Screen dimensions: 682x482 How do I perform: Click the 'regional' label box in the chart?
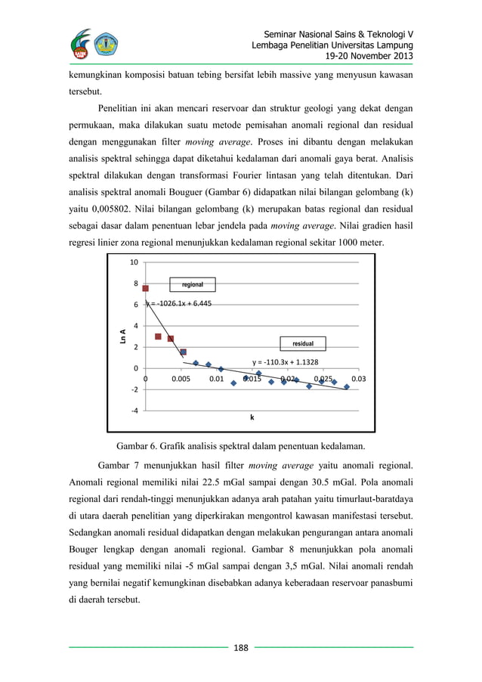pos(193,284)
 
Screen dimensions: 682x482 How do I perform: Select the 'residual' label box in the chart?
pos(304,343)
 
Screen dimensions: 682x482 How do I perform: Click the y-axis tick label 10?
pos(134,262)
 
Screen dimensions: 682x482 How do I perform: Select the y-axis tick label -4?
pos(134,411)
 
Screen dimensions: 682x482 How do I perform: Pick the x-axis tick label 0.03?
pos(359,378)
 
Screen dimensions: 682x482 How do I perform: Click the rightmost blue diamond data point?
pos(347,386)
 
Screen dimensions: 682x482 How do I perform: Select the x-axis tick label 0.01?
pos(216,378)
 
